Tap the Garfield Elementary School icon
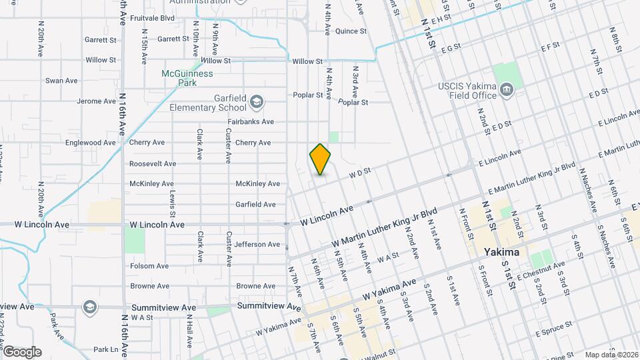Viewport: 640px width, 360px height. tap(257, 103)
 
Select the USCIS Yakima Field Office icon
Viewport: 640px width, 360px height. tap(506, 90)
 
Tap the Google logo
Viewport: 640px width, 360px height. tap(22, 352)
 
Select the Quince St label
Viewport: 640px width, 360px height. tap(351, 31)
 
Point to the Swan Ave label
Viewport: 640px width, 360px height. tap(61, 81)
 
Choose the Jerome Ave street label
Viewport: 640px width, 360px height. tap(97, 101)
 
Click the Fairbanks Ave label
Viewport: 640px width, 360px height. tap(251, 122)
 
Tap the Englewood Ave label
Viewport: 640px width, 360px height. tap(91, 143)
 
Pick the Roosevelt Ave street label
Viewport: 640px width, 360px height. tap(153, 163)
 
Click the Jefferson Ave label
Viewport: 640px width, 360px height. tap(257, 245)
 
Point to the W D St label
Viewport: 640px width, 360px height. tap(358, 173)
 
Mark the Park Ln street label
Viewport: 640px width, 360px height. tap(105, 349)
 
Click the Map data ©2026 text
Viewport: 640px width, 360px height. tap(611, 354)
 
